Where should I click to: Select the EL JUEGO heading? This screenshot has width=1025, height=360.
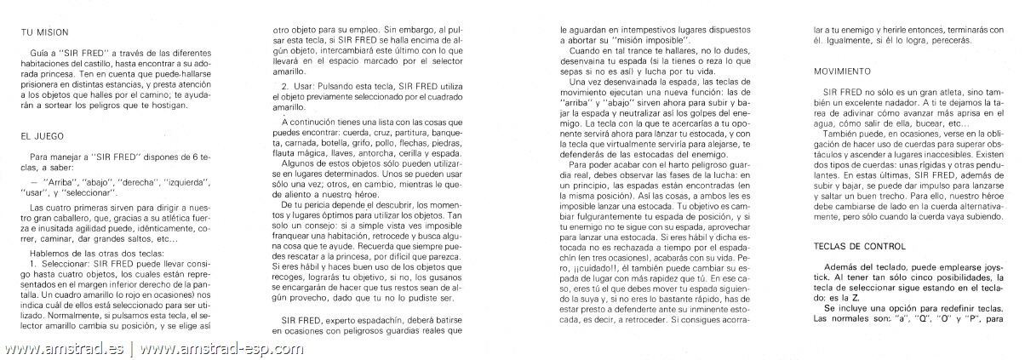click(x=41, y=134)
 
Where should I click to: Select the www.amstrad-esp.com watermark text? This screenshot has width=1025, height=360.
click(x=222, y=349)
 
